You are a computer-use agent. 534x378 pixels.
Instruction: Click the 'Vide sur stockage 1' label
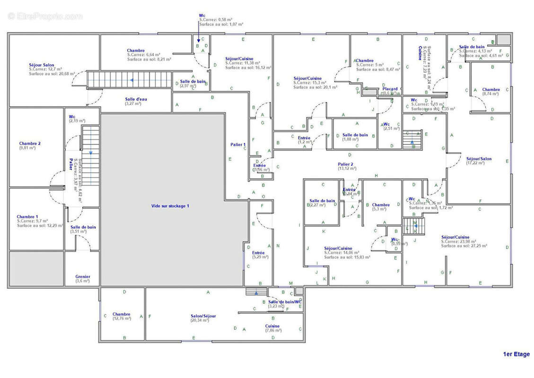click(x=170, y=206)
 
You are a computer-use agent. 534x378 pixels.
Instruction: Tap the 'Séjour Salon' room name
click(x=42, y=65)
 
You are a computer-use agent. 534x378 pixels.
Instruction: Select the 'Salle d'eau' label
click(x=133, y=99)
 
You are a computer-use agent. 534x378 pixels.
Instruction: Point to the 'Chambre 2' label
click(x=30, y=143)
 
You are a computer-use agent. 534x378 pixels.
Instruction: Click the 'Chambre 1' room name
click(x=27, y=216)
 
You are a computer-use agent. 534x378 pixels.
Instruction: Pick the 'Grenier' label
click(x=83, y=277)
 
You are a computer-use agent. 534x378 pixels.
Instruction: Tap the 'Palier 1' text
click(x=238, y=145)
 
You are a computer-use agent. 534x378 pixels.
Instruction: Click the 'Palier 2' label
click(x=345, y=164)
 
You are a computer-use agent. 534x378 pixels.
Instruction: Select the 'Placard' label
click(x=390, y=89)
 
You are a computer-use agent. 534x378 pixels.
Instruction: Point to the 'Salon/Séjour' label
click(x=203, y=316)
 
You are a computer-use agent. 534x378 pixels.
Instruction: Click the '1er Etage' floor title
click(x=516, y=354)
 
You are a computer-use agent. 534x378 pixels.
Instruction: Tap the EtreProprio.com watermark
click(x=45, y=16)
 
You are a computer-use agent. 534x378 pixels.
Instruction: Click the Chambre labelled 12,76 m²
click(x=122, y=314)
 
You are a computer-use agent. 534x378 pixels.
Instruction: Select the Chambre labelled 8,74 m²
click(x=491, y=89)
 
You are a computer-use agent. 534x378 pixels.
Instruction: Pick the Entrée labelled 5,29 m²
click(x=258, y=253)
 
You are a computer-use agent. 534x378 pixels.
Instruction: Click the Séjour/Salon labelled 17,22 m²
click(x=479, y=159)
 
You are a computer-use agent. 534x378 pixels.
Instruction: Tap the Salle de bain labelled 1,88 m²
click(x=355, y=135)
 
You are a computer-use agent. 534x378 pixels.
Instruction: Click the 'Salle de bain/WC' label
click(x=284, y=301)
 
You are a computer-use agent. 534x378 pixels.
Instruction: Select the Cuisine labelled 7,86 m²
click(x=272, y=326)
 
